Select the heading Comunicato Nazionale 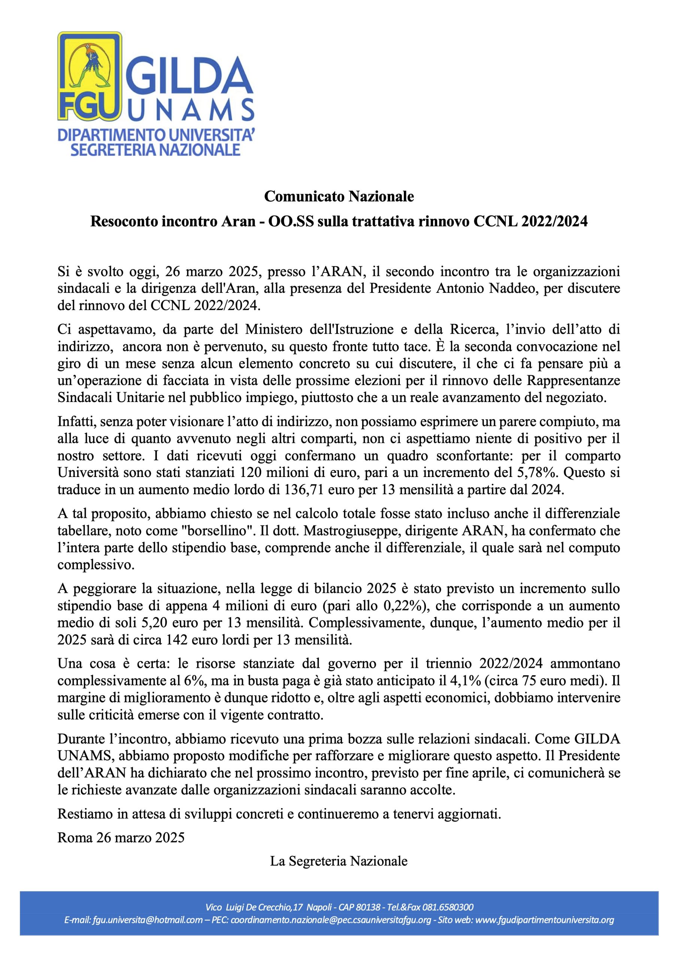pyautogui.click(x=339, y=196)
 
